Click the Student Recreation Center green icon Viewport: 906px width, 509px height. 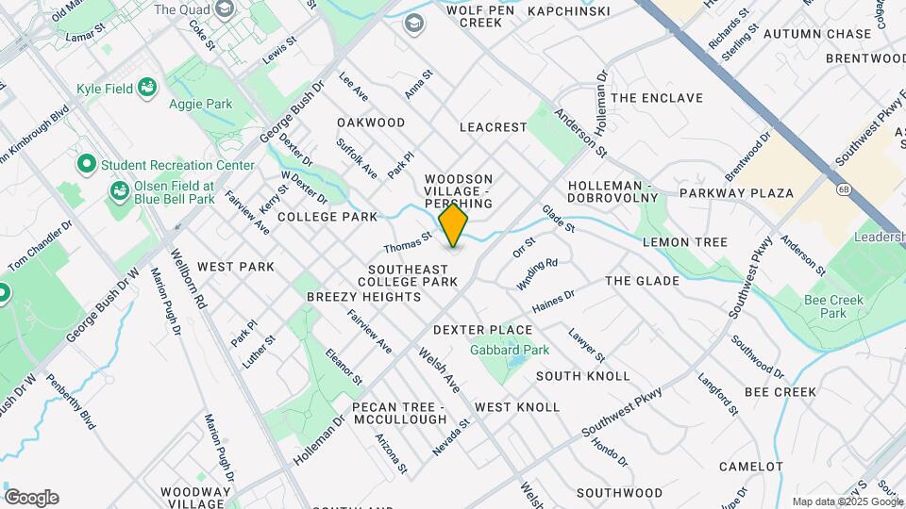pyautogui.click(x=87, y=165)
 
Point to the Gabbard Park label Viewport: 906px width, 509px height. pyautogui.click(x=510, y=350)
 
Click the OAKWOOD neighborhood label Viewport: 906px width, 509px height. pyautogui.click(x=371, y=123)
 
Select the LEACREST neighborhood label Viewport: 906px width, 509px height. pyautogui.click(x=493, y=126)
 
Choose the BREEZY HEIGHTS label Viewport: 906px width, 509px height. pyautogui.click(x=363, y=297)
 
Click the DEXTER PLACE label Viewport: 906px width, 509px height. pyautogui.click(x=482, y=330)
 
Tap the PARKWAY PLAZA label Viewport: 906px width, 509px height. pyautogui.click(x=746, y=193)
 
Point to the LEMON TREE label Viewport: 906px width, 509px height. pyautogui.click(x=684, y=242)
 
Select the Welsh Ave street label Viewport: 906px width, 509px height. pyautogui.click(x=439, y=374)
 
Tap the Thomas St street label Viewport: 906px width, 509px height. pyautogui.click(x=407, y=242)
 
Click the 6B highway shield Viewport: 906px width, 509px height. pyautogui.click(x=843, y=189)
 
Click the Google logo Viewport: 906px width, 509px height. pyautogui.click(x=31, y=498)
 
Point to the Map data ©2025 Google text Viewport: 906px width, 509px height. pyautogui.click(x=847, y=501)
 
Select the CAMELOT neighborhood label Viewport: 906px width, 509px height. pyautogui.click(x=751, y=467)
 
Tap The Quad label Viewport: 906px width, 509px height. pyautogui.click(x=179, y=10)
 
